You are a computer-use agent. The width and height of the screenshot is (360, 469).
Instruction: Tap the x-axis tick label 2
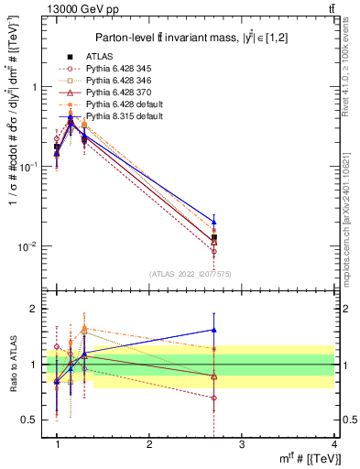149,444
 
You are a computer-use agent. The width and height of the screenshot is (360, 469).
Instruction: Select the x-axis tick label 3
242,444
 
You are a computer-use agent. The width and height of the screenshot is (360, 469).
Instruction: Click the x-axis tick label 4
333,444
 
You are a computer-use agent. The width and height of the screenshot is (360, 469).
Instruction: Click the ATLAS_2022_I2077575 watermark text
190,273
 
